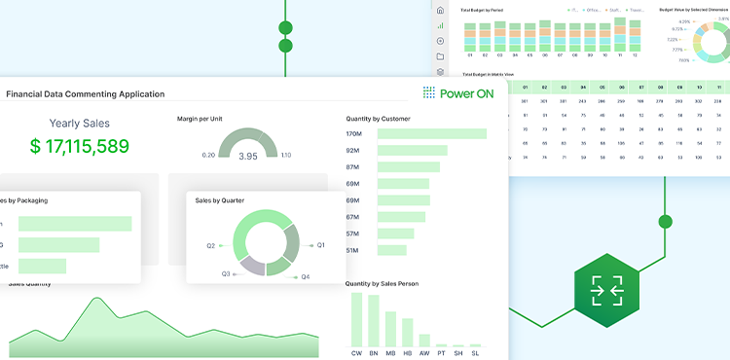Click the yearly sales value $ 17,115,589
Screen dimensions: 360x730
pyautogui.click(x=79, y=147)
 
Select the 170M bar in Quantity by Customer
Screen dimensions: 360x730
pyautogui.click(x=431, y=134)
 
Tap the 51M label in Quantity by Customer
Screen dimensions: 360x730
pyautogui.click(x=353, y=250)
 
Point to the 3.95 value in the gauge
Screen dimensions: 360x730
pyautogui.click(x=248, y=156)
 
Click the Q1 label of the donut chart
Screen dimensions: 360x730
pyautogui.click(x=320, y=245)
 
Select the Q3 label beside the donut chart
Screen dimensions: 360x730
pyautogui.click(x=226, y=273)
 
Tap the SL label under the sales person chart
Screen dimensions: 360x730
pyautogui.click(x=475, y=353)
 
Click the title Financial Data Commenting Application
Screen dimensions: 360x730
pyautogui.click(x=86, y=94)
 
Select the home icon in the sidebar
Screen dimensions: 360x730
pyautogui.click(x=441, y=11)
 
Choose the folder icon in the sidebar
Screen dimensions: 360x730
pyautogui.click(x=441, y=56)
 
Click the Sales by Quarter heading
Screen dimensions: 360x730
pyautogui.click(x=220, y=200)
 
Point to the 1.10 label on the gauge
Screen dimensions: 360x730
pyautogui.click(x=285, y=155)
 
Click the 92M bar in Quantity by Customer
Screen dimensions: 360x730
pyautogui.click(x=412, y=151)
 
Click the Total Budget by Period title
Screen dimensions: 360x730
pyautogui.click(x=482, y=10)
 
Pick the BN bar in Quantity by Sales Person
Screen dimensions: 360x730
pyautogui.click(x=373, y=324)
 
